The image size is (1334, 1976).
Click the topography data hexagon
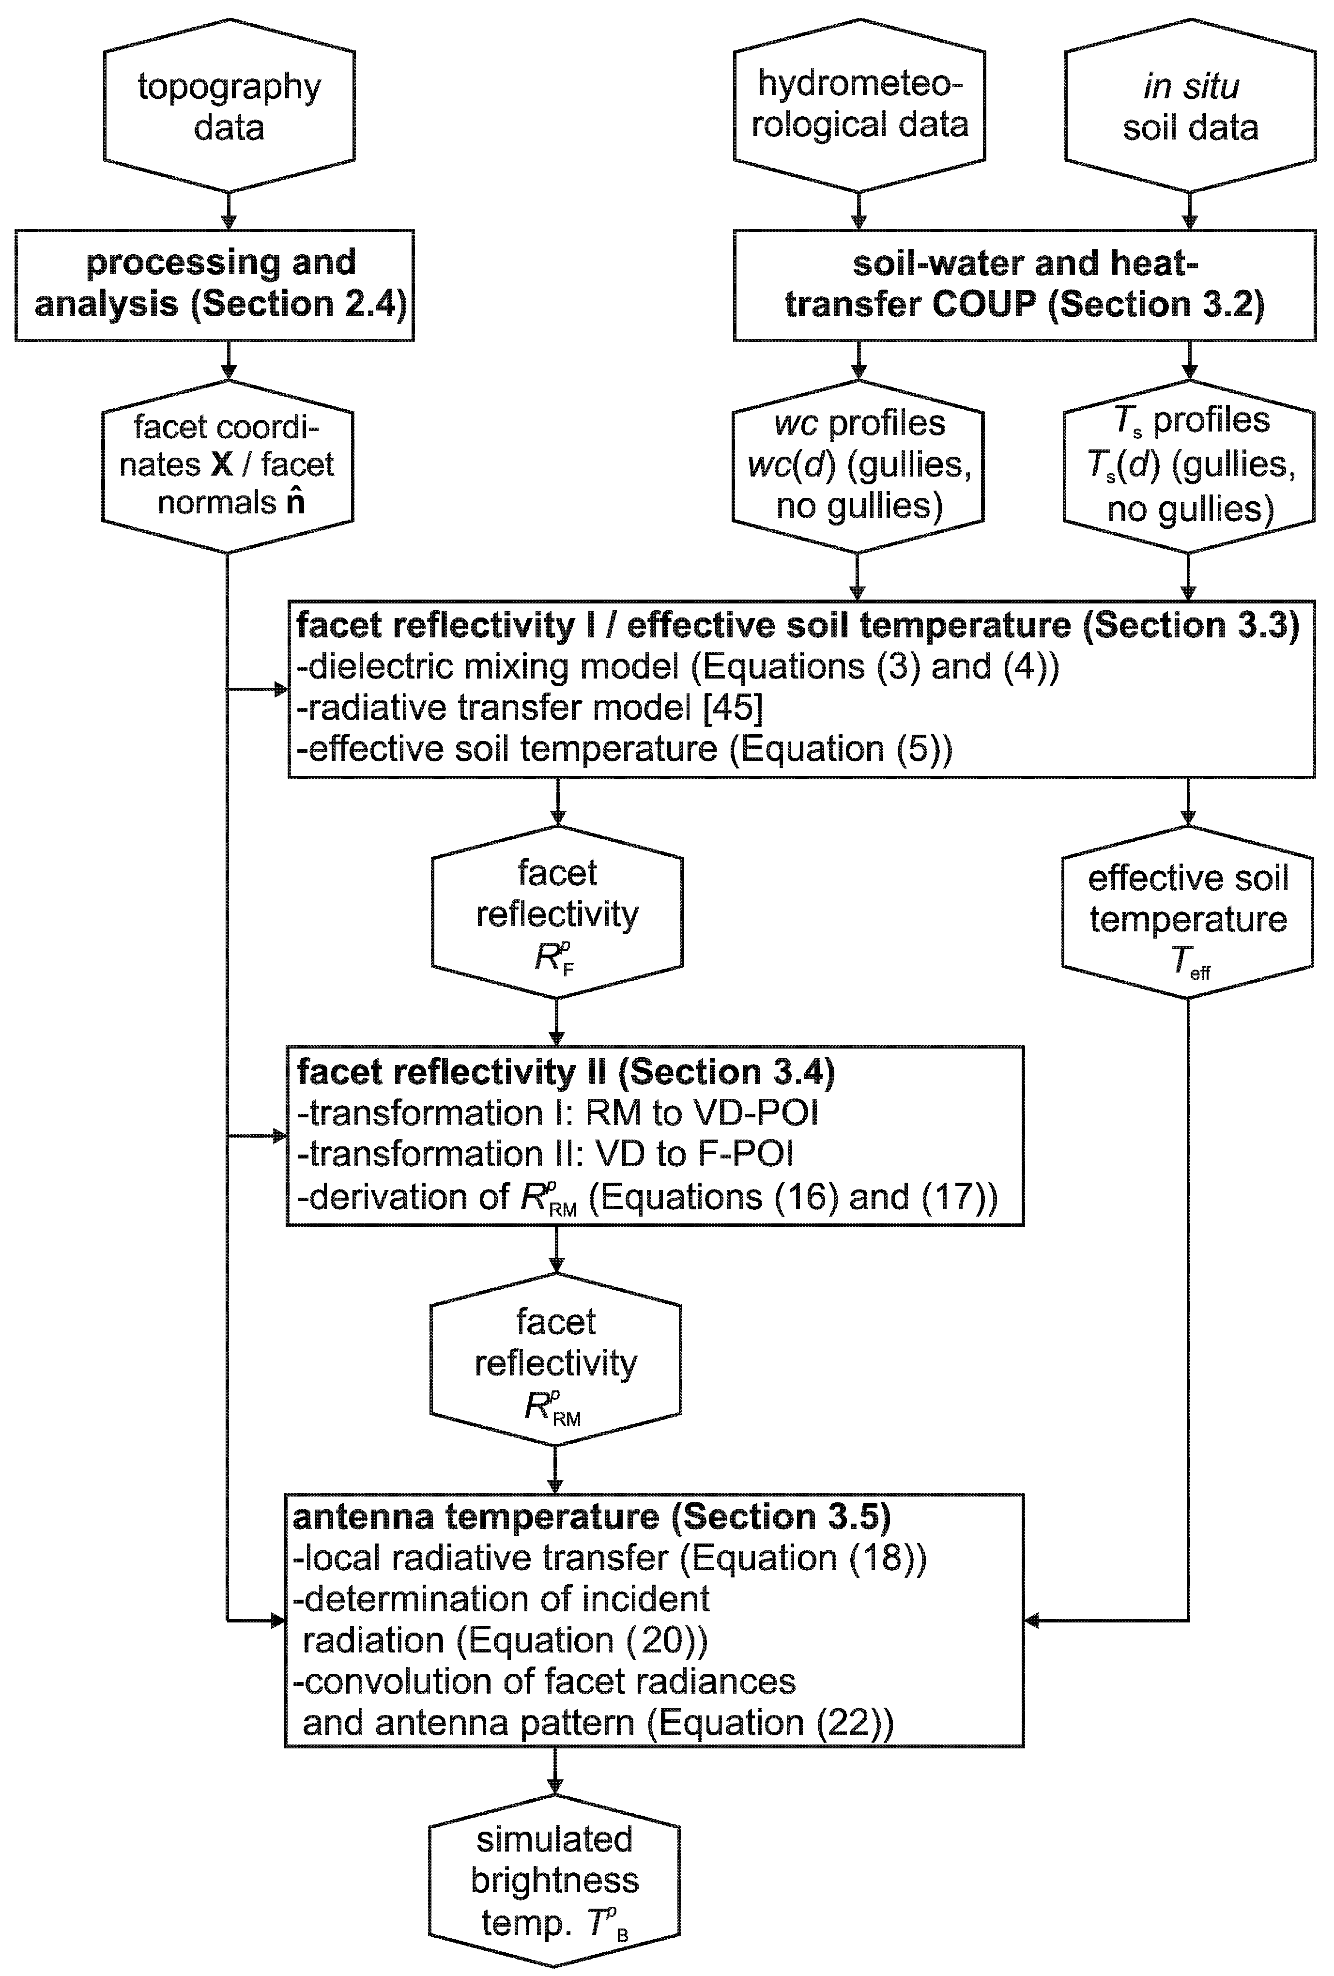(229, 106)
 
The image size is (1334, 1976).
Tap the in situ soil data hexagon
(1189, 106)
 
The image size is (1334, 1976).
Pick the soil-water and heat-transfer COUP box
(1024, 284)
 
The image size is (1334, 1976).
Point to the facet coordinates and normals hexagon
(227, 465)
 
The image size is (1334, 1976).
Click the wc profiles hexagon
(858, 465)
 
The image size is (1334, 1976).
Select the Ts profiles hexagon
(1189, 465)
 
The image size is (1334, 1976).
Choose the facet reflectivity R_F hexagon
(557, 914)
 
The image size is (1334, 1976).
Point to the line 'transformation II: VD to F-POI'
(546, 1154)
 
